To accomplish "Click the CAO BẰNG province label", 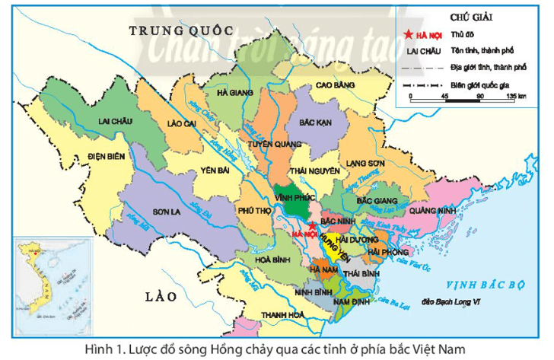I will [336, 86].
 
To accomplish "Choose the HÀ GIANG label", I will [235, 92].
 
